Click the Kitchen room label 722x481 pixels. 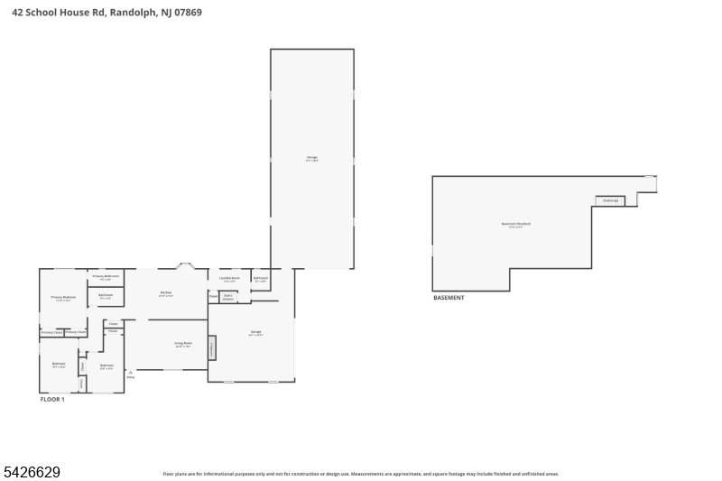click(166, 292)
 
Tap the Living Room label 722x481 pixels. click(183, 344)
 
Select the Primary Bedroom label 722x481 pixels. click(63, 298)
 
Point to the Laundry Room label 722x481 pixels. click(230, 279)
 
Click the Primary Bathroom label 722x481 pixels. click(106, 277)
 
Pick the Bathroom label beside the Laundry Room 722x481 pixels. click(261, 279)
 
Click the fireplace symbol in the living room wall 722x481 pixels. click(212, 347)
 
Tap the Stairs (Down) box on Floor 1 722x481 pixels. click(228, 296)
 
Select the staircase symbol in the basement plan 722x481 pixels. click(610, 200)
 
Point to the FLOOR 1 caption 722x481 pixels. click(52, 399)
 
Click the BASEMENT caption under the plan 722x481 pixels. click(449, 298)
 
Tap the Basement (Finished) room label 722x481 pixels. click(516, 225)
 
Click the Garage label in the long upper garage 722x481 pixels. click(312, 158)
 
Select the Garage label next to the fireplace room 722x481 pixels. click(256, 332)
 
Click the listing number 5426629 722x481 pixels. click(32, 472)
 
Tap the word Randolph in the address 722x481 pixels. click(133, 13)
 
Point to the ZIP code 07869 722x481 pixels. click(188, 13)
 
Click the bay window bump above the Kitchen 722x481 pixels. click(186, 265)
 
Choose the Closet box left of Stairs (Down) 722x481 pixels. click(213, 296)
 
